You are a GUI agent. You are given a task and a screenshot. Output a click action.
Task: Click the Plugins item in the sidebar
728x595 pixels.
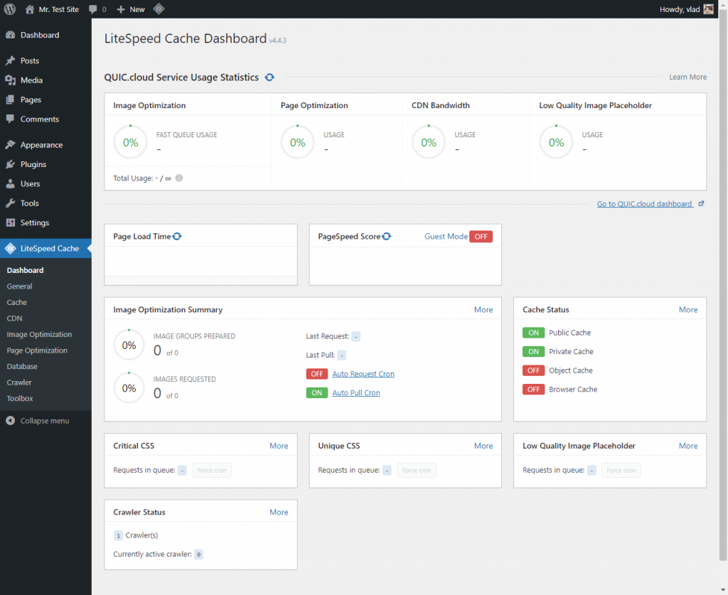(33, 164)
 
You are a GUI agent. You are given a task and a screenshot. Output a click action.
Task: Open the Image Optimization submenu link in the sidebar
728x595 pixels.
(39, 334)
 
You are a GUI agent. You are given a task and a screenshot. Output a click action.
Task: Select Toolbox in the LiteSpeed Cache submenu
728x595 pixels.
(20, 399)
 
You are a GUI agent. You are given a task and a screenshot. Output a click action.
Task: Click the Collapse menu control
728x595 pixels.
(44, 421)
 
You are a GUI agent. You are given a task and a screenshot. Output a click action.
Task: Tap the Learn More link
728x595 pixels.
(687, 77)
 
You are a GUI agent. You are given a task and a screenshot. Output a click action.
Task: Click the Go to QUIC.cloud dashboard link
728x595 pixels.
(645, 204)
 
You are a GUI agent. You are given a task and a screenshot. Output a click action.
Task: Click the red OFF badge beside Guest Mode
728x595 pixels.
(481, 237)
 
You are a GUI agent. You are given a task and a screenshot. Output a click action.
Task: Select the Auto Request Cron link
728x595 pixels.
(363, 374)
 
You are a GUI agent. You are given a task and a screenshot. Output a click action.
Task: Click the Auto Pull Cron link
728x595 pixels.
(355, 393)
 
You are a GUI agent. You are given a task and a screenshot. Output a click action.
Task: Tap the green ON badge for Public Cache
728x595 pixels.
(533, 333)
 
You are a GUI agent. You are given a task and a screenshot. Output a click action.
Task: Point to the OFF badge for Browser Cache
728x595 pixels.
(533, 390)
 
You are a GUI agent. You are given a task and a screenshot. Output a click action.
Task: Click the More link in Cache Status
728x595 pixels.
(687, 310)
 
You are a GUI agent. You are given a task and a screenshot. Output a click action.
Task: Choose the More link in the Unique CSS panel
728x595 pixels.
(483, 446)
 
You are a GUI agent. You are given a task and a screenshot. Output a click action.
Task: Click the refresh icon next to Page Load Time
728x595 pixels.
(177, 237)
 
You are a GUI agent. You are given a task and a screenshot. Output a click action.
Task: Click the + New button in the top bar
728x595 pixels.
(131, 9)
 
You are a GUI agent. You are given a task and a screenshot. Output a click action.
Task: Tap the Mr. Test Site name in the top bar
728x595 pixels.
(58, 9)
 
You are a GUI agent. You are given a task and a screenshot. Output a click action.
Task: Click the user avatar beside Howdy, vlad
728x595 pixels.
(708, 9)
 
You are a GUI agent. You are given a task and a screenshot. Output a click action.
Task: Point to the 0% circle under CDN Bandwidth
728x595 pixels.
(429, 143)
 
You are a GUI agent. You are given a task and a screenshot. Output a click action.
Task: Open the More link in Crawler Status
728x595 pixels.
(279, 513)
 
